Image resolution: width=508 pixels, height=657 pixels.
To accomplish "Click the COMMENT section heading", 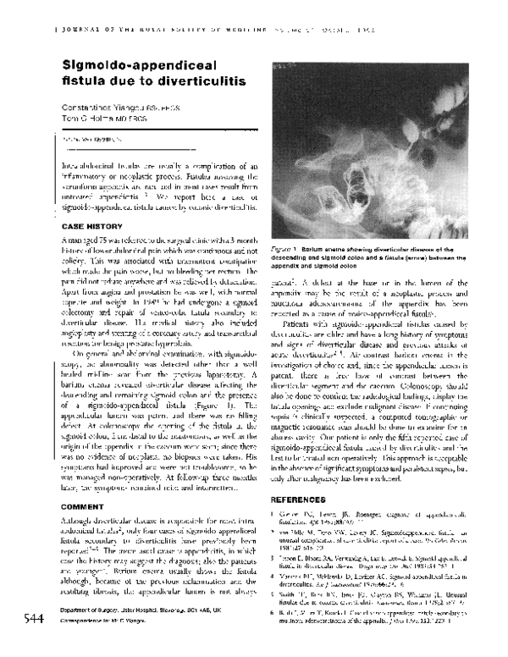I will point(83,505).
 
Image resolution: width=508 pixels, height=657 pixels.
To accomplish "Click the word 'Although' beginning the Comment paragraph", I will point(76,519).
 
